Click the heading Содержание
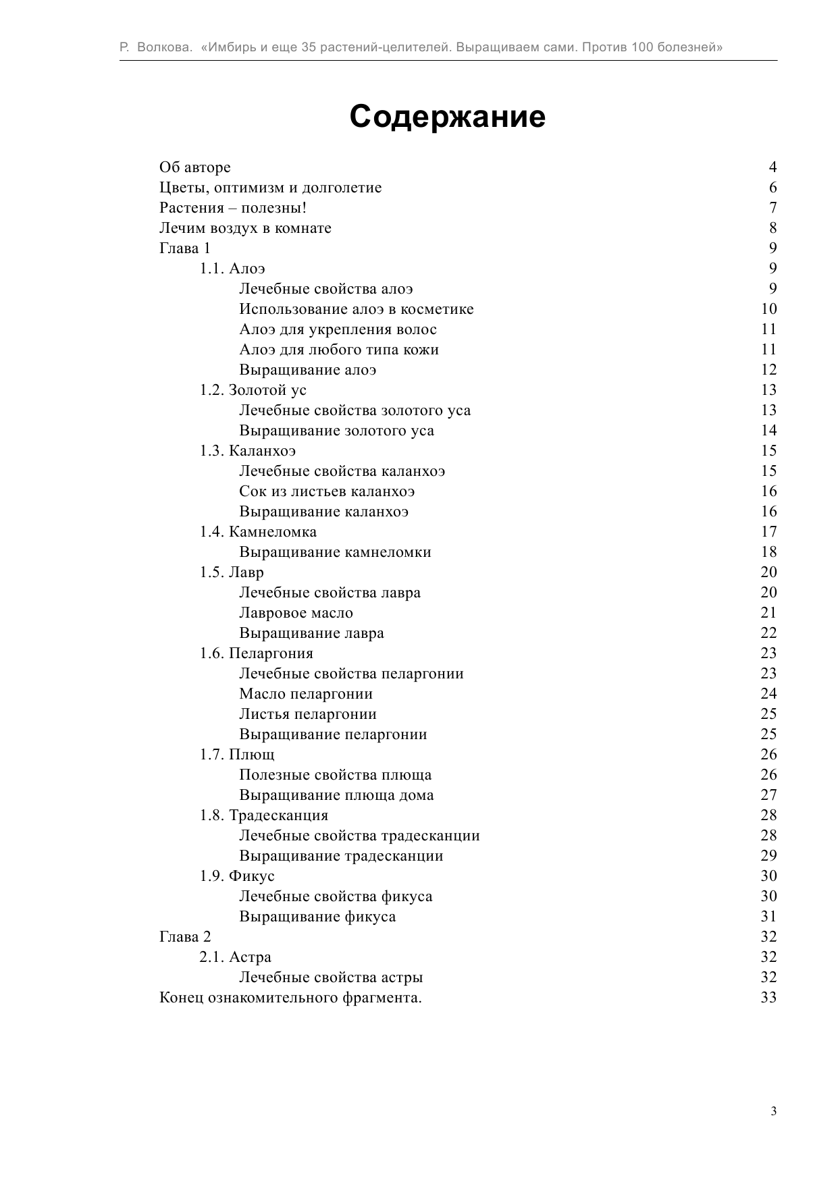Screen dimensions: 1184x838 [447, 117]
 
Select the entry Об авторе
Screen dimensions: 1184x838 [194, 167]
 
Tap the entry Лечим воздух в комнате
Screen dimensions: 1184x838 [245, 228]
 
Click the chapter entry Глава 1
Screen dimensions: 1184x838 [184, 248]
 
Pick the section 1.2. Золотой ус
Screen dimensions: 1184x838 [253, 390]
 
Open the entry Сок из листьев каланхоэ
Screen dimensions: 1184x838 [327, 491]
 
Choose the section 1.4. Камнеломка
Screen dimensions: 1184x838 [257, 532]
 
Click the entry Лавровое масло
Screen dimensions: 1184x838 [296, 613]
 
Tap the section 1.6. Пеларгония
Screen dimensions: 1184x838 [256, 653]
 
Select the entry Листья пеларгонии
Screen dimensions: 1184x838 [307, 714]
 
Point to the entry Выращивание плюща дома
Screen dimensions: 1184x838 [336, 795]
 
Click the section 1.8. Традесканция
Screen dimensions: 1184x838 [263, 815]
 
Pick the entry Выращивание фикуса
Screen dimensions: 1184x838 [317, 917]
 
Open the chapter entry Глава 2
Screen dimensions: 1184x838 [185, 937]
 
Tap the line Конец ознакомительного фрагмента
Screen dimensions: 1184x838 [290, 998]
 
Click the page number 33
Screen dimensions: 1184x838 [768, 998]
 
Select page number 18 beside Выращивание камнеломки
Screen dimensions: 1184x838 [768, 552]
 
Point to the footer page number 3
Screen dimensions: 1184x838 [773, 1111]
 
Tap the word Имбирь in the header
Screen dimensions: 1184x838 [228, 47]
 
